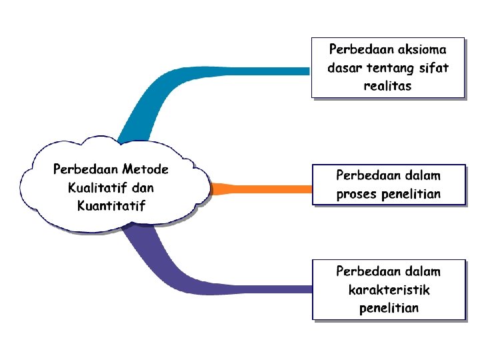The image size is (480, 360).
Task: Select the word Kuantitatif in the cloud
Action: point(111,205)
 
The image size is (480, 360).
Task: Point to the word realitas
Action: point(387,86)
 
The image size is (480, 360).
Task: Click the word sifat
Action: point(433,67)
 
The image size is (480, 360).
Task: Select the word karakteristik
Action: point(389,290)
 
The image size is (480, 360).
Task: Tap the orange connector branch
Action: point(267,189)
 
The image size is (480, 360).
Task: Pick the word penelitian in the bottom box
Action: point(389,308)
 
